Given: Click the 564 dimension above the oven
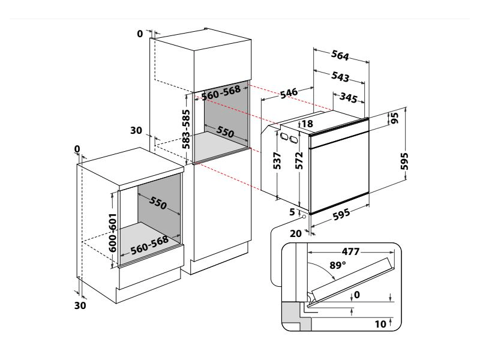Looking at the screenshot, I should pyautogui.click(x=340, y=56).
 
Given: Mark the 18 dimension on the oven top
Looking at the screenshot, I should pyautogui.click(x=307, y=124).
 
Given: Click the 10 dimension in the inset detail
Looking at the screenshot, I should pyautogui.click(x=379, y=325).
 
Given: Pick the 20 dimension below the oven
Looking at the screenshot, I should pyautogui.click(x=295, y=233).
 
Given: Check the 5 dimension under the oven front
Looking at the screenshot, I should pyautogui.click(x=293, y=211).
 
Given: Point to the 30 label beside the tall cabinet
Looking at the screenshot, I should pyautogui.click(x=136, y=130).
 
